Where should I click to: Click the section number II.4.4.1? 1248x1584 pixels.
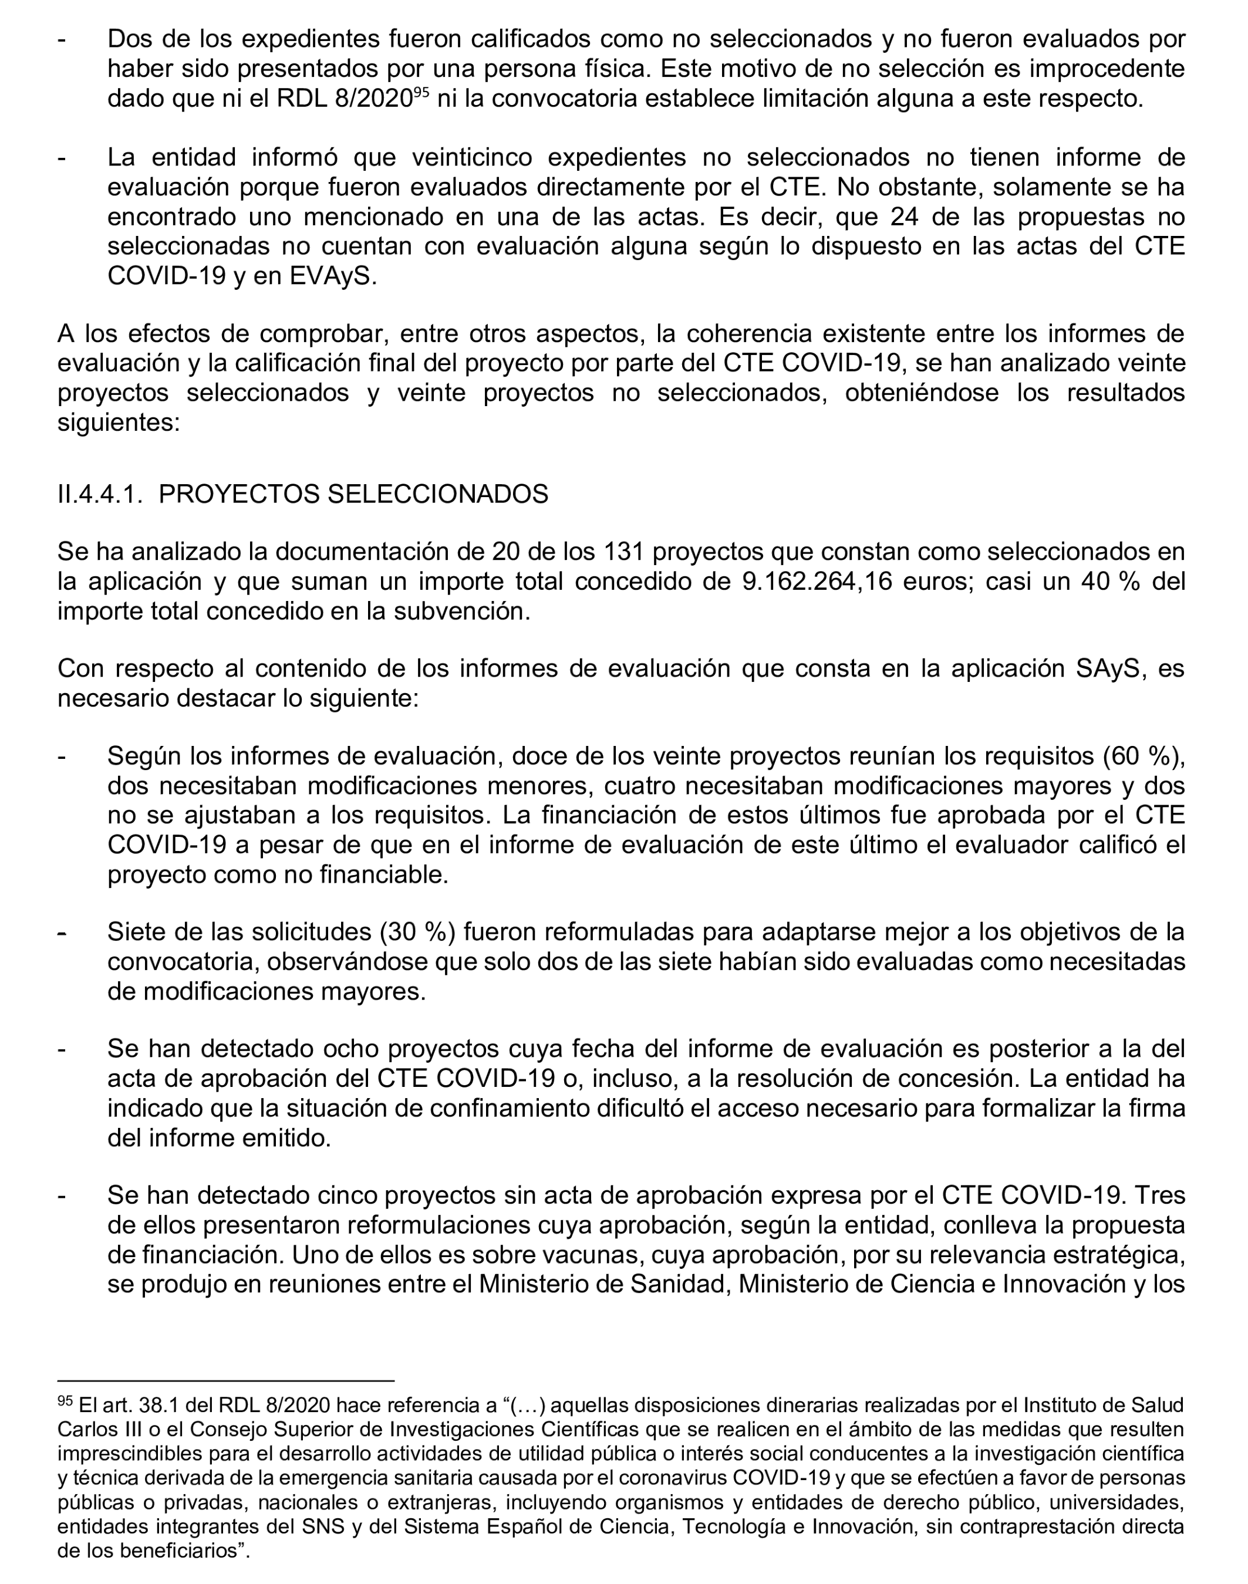(99, 495)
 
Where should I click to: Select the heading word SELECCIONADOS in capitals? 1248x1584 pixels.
(438, 495)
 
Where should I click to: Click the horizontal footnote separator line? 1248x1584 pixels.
(226, 1381)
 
